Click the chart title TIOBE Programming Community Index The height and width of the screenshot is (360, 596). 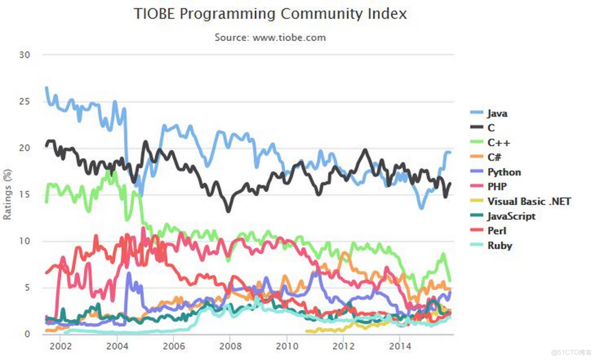(x=270, y=14)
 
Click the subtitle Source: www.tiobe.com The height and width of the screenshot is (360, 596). (x=270, y=37)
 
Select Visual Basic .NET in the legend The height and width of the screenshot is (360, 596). (x=529, y=201)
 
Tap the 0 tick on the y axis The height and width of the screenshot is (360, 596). (x=28, y=334)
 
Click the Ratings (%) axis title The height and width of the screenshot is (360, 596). (x=7, y=194)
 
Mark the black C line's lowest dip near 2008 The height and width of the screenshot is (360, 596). (x=229, y=210)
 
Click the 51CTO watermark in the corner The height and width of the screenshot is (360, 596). (x=571, y=351)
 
